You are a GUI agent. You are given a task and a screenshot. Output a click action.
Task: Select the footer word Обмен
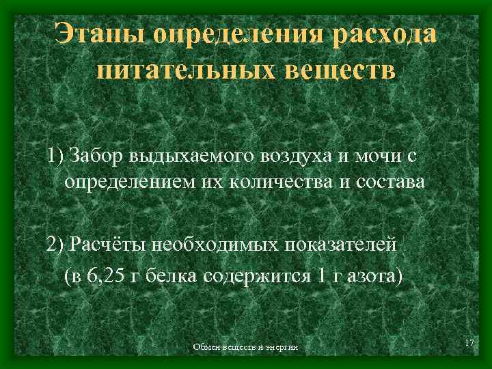206,348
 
